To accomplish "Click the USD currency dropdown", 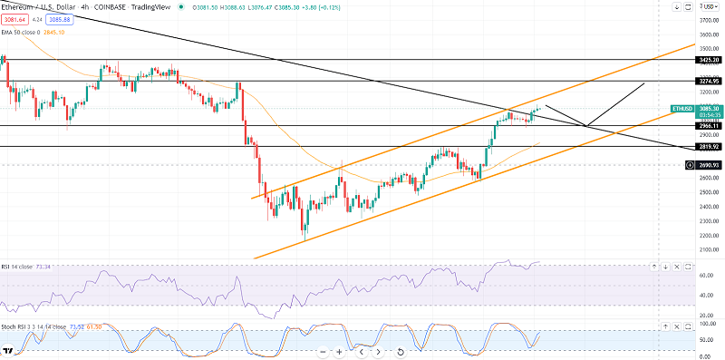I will coord(709,6).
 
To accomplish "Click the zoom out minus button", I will coord(323,351).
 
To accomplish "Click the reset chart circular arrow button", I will coord(400,351).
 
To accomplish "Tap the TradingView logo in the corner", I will coord(8,351).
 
